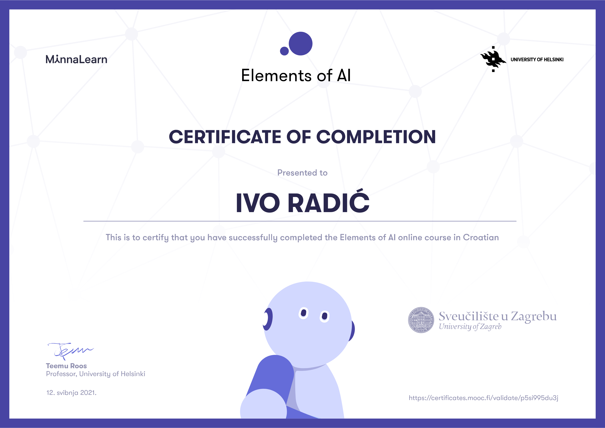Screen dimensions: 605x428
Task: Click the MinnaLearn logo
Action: [x=76, y=59]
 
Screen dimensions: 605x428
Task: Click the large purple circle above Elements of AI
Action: [x=301, y=43]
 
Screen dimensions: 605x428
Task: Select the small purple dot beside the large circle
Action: [x=284, y=51]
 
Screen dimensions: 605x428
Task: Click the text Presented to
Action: [x=302, y=173]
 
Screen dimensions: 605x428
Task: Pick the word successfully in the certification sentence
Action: [x=253, y=238]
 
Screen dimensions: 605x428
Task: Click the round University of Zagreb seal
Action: [x=421, y=320]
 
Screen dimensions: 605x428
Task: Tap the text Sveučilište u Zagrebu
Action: [x=498, y=316]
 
